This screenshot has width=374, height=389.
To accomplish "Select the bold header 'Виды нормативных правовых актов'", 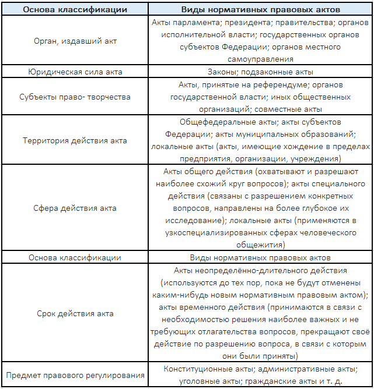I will tap(260, 8).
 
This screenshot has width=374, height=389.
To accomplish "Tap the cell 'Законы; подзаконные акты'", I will tap(260, 72).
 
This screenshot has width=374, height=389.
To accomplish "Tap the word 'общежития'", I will tap(260, 245).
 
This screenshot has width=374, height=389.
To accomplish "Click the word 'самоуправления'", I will tap(260, 59).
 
